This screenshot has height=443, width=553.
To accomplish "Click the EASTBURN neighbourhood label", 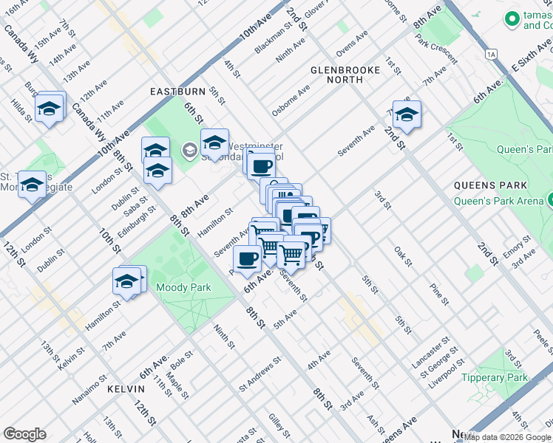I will pos(177,92).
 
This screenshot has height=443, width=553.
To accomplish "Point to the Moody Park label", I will pos(184,288).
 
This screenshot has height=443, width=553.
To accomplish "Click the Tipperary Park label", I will pos(505,377).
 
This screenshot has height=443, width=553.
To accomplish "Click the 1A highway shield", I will pos(491,54).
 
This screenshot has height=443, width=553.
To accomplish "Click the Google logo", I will pos(24,434).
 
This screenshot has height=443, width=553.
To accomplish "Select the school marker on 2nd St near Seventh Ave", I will pos(407,114).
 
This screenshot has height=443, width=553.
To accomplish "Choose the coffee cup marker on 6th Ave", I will pos(247,258).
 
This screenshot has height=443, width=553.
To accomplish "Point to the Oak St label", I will pos(402,257).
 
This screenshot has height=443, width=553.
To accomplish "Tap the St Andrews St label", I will pos(259,375).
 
